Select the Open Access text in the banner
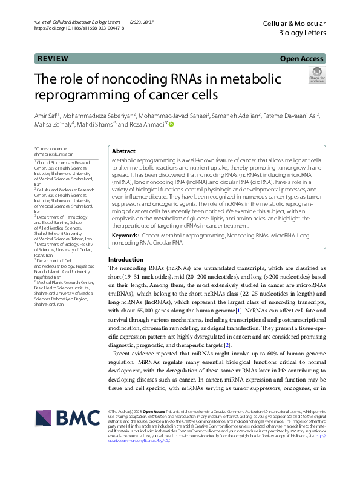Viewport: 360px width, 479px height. pos(303,59)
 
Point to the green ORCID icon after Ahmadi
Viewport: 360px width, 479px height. pos(171,124)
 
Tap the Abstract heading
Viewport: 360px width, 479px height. pos(124,151)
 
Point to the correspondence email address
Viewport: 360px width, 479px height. pos(50,154)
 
